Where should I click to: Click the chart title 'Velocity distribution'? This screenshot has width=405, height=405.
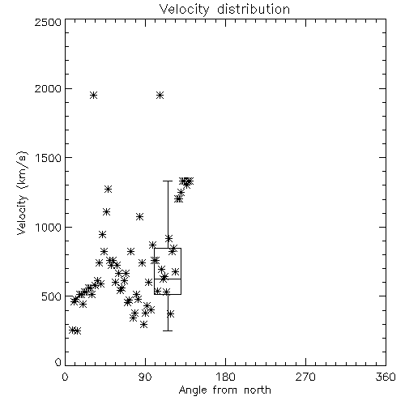(224, 10)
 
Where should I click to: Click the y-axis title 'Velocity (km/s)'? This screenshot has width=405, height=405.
(22, 193)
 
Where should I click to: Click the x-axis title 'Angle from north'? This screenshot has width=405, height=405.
(224, 390)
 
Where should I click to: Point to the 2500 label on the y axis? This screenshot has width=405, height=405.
(49, 22)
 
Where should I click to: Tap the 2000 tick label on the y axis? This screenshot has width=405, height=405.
(49, 89)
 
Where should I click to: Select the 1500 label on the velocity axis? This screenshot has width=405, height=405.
(49, 158)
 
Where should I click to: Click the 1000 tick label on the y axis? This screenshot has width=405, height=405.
(49, 227)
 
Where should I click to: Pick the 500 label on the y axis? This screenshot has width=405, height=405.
(52, 296)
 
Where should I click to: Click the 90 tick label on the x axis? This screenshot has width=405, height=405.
(145, 377)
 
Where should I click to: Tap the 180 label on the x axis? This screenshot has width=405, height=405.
(225, 377)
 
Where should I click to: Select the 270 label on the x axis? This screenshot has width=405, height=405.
(305, 377)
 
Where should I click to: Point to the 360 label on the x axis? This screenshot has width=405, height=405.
(386, 377)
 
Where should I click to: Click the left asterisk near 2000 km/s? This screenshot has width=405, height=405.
(93, 95)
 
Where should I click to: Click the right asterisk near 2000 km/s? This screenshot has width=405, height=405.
(160, 95)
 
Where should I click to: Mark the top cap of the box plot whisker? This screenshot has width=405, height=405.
(168, 181)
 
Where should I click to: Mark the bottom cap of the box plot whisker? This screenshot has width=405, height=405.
(168, 330)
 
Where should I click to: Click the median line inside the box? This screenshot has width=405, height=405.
(168, 279)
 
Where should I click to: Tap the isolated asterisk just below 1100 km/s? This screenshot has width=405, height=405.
(139, 216)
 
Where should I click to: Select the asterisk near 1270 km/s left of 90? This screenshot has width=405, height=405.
(108, 189)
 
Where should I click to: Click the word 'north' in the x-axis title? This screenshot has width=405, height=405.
(258, 390)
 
